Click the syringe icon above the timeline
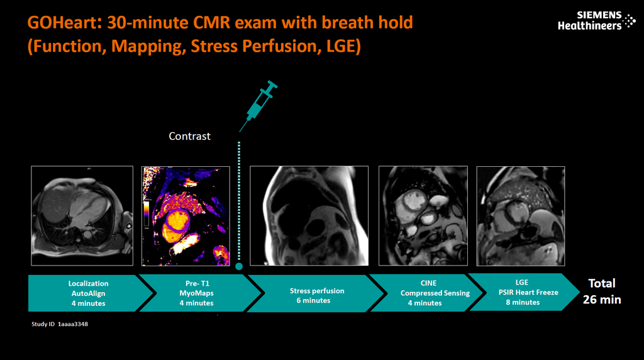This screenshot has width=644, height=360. point(258,104)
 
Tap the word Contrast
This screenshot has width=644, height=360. point(189,136)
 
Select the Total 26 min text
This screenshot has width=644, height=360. point(601,291)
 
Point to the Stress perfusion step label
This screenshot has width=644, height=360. point(317,295)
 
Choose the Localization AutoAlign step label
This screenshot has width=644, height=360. point(88,293)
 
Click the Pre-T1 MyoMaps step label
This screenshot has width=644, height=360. point(197,293)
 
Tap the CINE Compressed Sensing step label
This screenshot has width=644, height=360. point(434,293)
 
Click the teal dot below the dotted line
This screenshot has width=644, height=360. point(239,267)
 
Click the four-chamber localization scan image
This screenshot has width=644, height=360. point(82,216)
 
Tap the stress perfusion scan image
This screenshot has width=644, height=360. point(309,216)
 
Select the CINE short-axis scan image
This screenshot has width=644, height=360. point(423,216)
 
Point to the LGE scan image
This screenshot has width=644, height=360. point(520,216)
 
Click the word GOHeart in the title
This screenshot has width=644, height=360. point(64,24)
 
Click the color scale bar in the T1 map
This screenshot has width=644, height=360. point(147,213)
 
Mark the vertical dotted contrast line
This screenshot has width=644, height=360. point(239,201)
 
